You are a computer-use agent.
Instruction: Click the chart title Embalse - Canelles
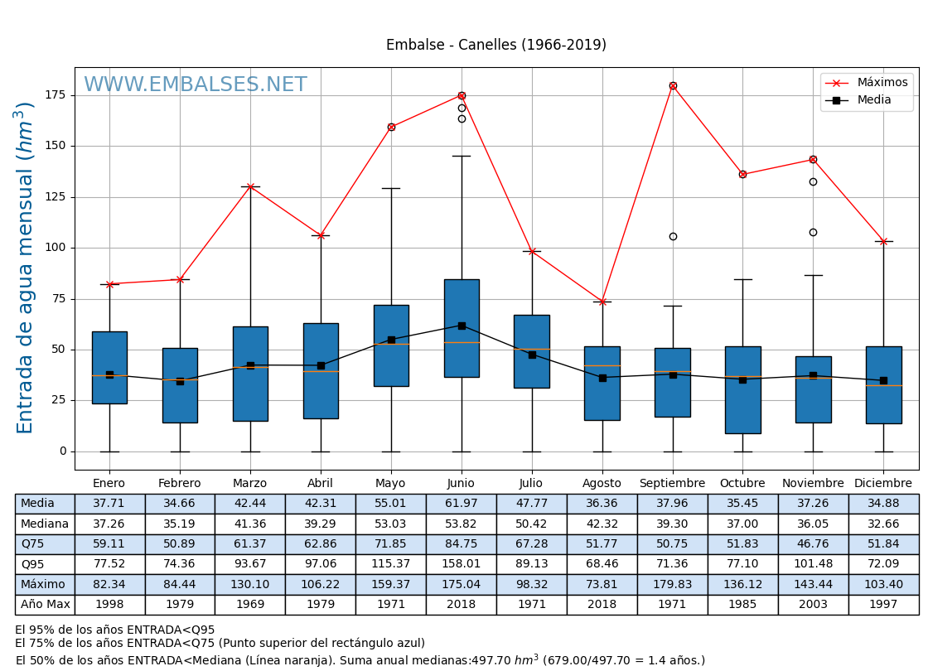pyautogui.click(x=495, y=46)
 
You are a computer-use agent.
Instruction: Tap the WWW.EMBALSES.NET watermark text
pyautogui.click(x=196, y=85)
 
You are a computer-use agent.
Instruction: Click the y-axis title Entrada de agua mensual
pyautogui.click(x=26, y=268)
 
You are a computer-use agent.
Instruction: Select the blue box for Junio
pyautogui.click(x=462, y=328)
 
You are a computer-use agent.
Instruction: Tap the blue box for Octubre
pyautogui.click(x=742, y=389)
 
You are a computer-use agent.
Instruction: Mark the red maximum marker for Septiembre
pyautogui.click(x=673, y=85)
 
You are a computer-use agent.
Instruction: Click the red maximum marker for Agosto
pyautogui.click(x=602, y=302)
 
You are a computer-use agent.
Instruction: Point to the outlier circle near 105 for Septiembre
pyautogui.click(x=673, y=236)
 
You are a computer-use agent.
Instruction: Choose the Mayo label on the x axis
pyautogui.click(x=390, y=484)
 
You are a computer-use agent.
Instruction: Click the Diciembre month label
pyautogui.click(x=883, y=484)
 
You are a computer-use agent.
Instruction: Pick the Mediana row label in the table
pyautogui.click(x=45, y=524)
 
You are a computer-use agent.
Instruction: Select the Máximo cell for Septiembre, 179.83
pyautogui.click(x=672, y=585)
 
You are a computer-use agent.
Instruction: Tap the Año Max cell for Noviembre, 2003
pyautogui.click(x=813, y=605)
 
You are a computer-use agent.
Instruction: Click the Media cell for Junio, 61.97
pyautogui.click(x=461, y=504)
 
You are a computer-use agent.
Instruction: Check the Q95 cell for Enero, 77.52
pyautogui.click(x=109, y=565)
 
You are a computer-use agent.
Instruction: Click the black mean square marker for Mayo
pyautogui.click(x=391, y=340)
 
